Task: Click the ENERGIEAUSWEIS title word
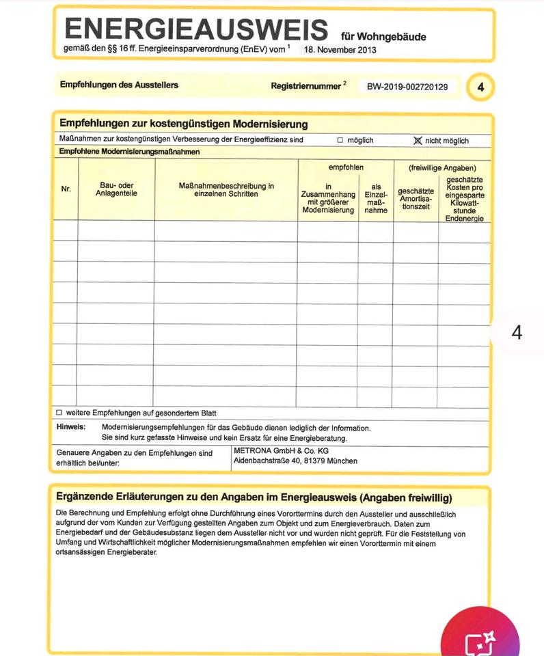(196, 29)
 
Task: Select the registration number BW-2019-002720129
(407, 87)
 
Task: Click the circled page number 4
(480, 87)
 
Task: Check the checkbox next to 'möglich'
(340, 140)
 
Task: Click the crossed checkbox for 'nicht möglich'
(418, 140)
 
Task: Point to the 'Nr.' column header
(66, 189)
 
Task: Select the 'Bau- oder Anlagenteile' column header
(116, 189)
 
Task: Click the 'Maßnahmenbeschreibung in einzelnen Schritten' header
(226, 189)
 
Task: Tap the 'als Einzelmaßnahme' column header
(376, 198)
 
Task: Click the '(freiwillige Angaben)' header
(442, 167)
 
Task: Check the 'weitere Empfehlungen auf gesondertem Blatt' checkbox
(59, 413)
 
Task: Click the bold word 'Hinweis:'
(71, 428)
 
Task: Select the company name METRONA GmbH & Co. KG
(281, 451)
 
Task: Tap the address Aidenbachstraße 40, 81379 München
(295, 461)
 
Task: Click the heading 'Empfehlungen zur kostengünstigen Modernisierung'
(183, 124)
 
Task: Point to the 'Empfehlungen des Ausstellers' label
(119, 85)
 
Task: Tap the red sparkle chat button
(480, 639)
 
